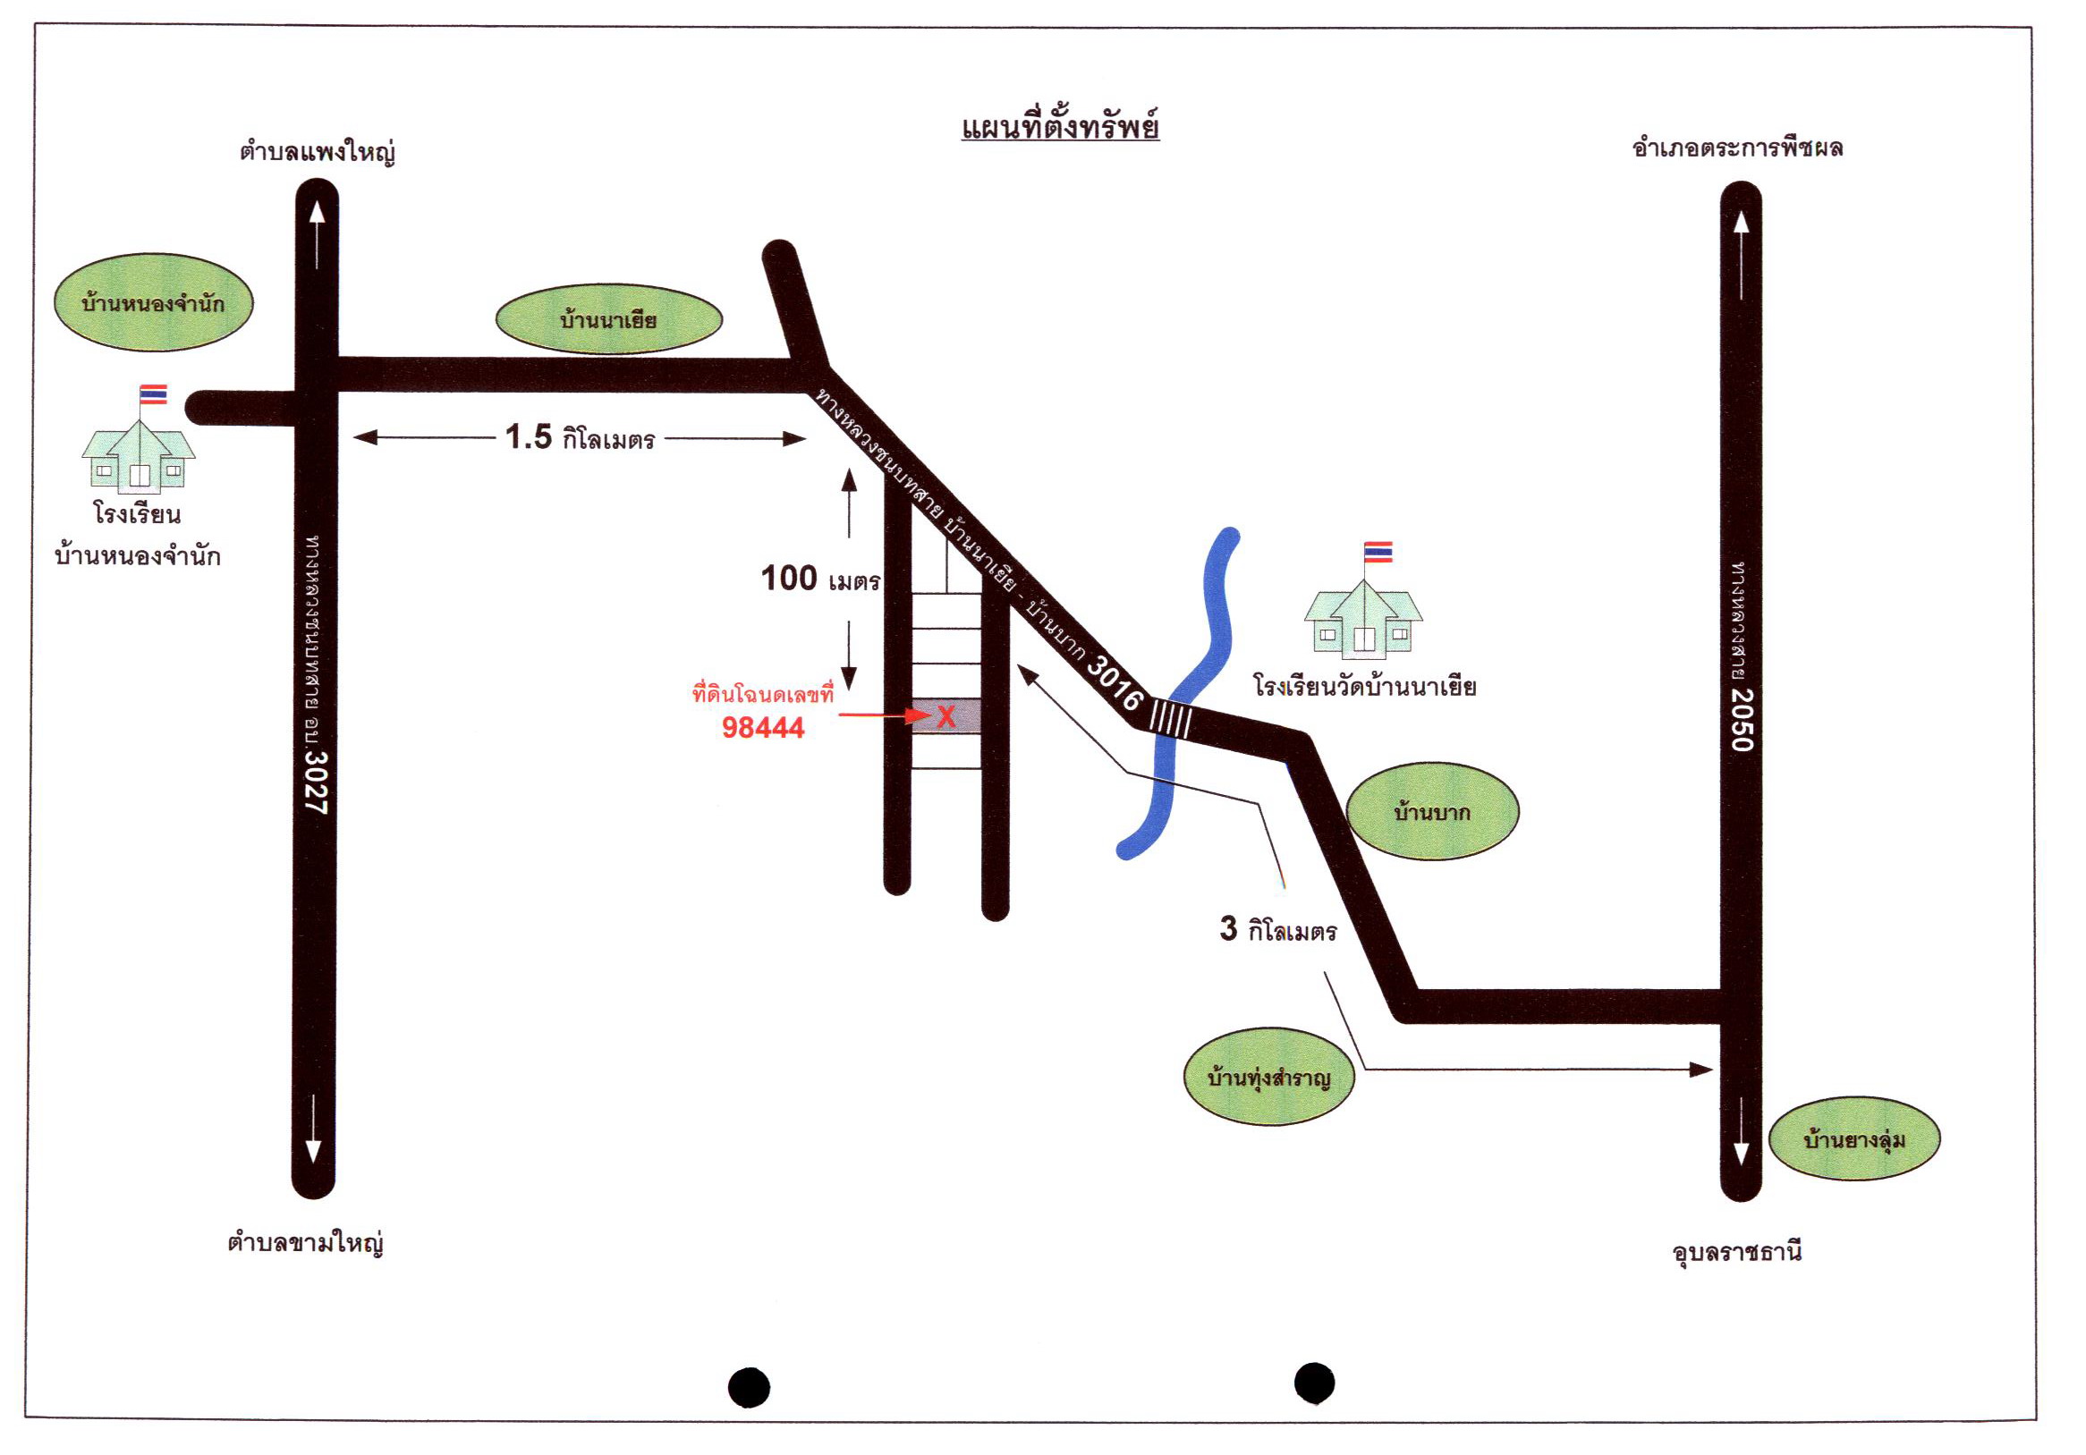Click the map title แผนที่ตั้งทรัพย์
pos(1059,128)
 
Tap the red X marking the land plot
pos(945,716)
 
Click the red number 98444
pos(763,728)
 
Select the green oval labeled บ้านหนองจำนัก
pos(154,302)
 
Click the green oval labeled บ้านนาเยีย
pos(609,319)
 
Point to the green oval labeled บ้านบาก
pos(1432,811)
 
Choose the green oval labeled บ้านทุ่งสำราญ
pos(1268,1078)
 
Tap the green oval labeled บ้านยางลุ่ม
pos(1853,1138)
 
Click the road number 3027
pos(315,782)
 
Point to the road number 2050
pos(1742,719)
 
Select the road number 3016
pos(1115,683)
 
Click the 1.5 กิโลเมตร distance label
pos(580,438)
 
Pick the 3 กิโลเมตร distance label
pos(1278,929)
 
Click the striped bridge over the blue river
pos(1171,716)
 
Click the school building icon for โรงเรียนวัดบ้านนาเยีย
pos(1363,620)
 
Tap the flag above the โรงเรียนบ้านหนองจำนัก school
pos(153,394)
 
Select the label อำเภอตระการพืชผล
pos(1737,148)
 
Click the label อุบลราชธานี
pos(1737,1252)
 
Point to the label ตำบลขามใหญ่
pos(305,1240)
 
